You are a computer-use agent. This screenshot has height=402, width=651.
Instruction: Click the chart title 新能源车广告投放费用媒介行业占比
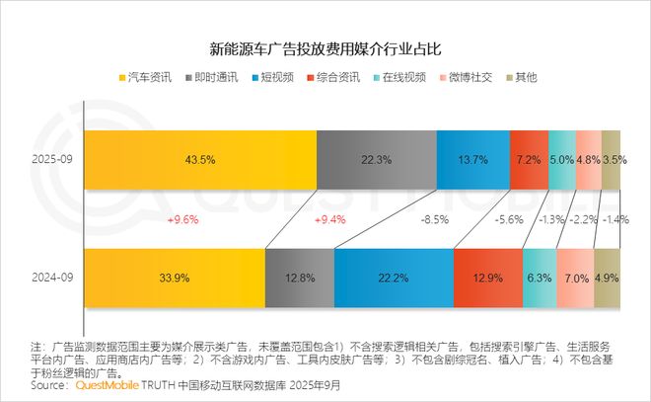pos(325,46)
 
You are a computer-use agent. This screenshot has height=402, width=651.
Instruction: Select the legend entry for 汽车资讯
pos(146,76)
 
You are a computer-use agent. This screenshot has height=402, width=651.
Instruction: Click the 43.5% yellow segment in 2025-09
pos(200,159)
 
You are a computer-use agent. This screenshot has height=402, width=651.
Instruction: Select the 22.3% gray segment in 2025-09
pos(376,159)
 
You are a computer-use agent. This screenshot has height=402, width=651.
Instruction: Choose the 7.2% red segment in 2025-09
pos(529,159)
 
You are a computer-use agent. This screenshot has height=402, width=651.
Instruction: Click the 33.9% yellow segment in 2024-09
pos(175,278)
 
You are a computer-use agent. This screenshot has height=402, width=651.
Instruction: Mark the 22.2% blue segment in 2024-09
pos(393,278)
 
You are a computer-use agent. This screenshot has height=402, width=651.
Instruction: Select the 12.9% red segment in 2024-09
pos(487,278)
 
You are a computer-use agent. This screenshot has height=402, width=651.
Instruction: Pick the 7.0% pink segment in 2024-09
pos(575,278)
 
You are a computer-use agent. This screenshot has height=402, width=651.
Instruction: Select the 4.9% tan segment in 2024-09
pos(607,278)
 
